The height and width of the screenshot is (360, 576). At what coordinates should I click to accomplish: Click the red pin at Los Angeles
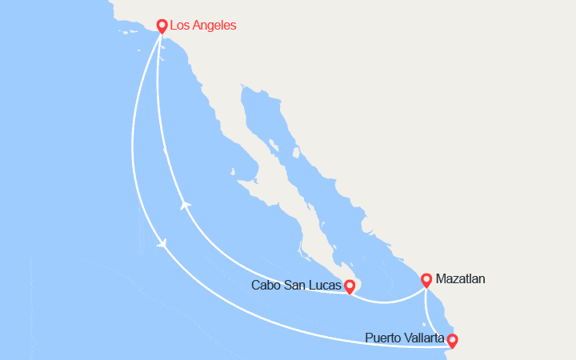click(x=162, y=26)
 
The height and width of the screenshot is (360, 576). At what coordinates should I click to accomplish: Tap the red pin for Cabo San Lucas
click(x=350, y=286)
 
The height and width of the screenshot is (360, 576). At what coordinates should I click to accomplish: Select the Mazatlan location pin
click(x=426, y=279)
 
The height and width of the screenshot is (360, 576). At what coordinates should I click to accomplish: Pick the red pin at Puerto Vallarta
click(x=452, y=341)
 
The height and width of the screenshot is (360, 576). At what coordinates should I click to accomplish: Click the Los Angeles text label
click(x=204, y=26)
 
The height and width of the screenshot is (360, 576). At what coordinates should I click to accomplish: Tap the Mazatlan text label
click(x=461, y=279)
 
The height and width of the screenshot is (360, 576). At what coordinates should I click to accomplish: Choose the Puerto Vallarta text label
click(x=405, y=338)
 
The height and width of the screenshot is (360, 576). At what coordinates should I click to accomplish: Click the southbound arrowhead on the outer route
click(x=162, y=244)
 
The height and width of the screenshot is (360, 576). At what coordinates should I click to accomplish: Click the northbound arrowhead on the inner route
click(x=185, y=206)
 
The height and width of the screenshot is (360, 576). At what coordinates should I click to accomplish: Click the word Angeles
click(x=215, y=26)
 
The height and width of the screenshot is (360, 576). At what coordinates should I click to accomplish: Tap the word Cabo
click(x=266, y=286)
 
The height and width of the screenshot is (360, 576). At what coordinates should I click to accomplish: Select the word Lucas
click(x=326, y=286)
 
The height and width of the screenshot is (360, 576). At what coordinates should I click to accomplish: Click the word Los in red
click(x=181, y=26)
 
